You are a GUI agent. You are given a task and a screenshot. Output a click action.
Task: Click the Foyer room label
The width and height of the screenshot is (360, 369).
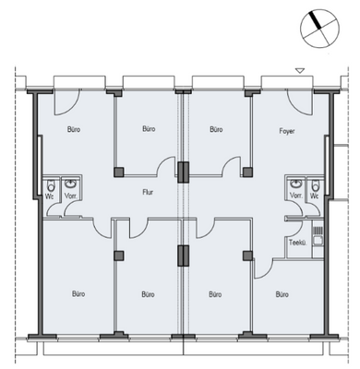[287, 131]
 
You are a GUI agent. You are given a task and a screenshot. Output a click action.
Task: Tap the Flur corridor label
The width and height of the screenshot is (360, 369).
[148, 193]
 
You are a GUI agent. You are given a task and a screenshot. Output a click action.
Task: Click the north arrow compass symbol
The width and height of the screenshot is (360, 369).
[319, 29]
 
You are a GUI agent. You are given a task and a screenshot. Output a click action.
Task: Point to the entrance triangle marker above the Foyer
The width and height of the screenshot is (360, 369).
[300, 71]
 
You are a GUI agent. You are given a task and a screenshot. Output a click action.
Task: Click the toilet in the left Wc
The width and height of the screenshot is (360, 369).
[51, 185]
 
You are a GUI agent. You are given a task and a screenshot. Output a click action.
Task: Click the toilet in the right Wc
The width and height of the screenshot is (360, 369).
[316, 185]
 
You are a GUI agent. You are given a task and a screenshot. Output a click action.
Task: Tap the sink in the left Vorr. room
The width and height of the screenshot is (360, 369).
[71, 184]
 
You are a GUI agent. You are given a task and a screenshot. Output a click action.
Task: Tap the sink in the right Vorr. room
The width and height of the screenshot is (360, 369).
[296, 184]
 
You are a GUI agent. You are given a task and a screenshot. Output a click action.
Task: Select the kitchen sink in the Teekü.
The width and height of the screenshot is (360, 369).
[318, 241]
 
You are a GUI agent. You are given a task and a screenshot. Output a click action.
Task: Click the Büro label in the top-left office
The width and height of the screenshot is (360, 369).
[74, 129]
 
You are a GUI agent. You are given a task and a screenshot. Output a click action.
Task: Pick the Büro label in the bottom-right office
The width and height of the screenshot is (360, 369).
[282, 294]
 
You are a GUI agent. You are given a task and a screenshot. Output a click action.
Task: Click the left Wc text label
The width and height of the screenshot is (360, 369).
[49, 196]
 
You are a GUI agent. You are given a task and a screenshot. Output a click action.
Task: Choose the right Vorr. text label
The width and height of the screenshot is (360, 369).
[296, 196]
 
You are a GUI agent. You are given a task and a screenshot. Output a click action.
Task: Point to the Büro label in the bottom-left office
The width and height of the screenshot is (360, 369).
[78, 294]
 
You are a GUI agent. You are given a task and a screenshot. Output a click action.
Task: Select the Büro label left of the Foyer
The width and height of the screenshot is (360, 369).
[216, 129]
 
